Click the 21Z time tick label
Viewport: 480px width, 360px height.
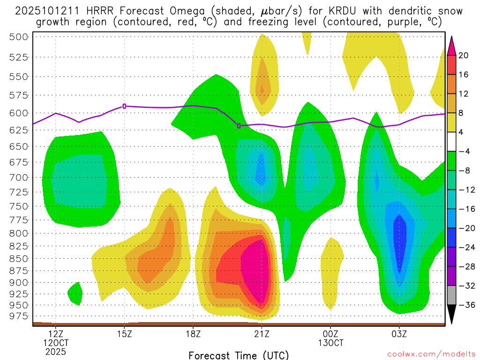(262, 334)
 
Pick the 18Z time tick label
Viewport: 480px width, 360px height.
(193, 334)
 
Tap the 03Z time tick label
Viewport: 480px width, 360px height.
(399, 334)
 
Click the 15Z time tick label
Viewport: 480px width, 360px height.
(124, 334)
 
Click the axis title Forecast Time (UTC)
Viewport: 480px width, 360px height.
(239, 355)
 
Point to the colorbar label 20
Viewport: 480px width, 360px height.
(464, 55)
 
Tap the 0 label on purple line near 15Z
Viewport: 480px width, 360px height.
(124, 106)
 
